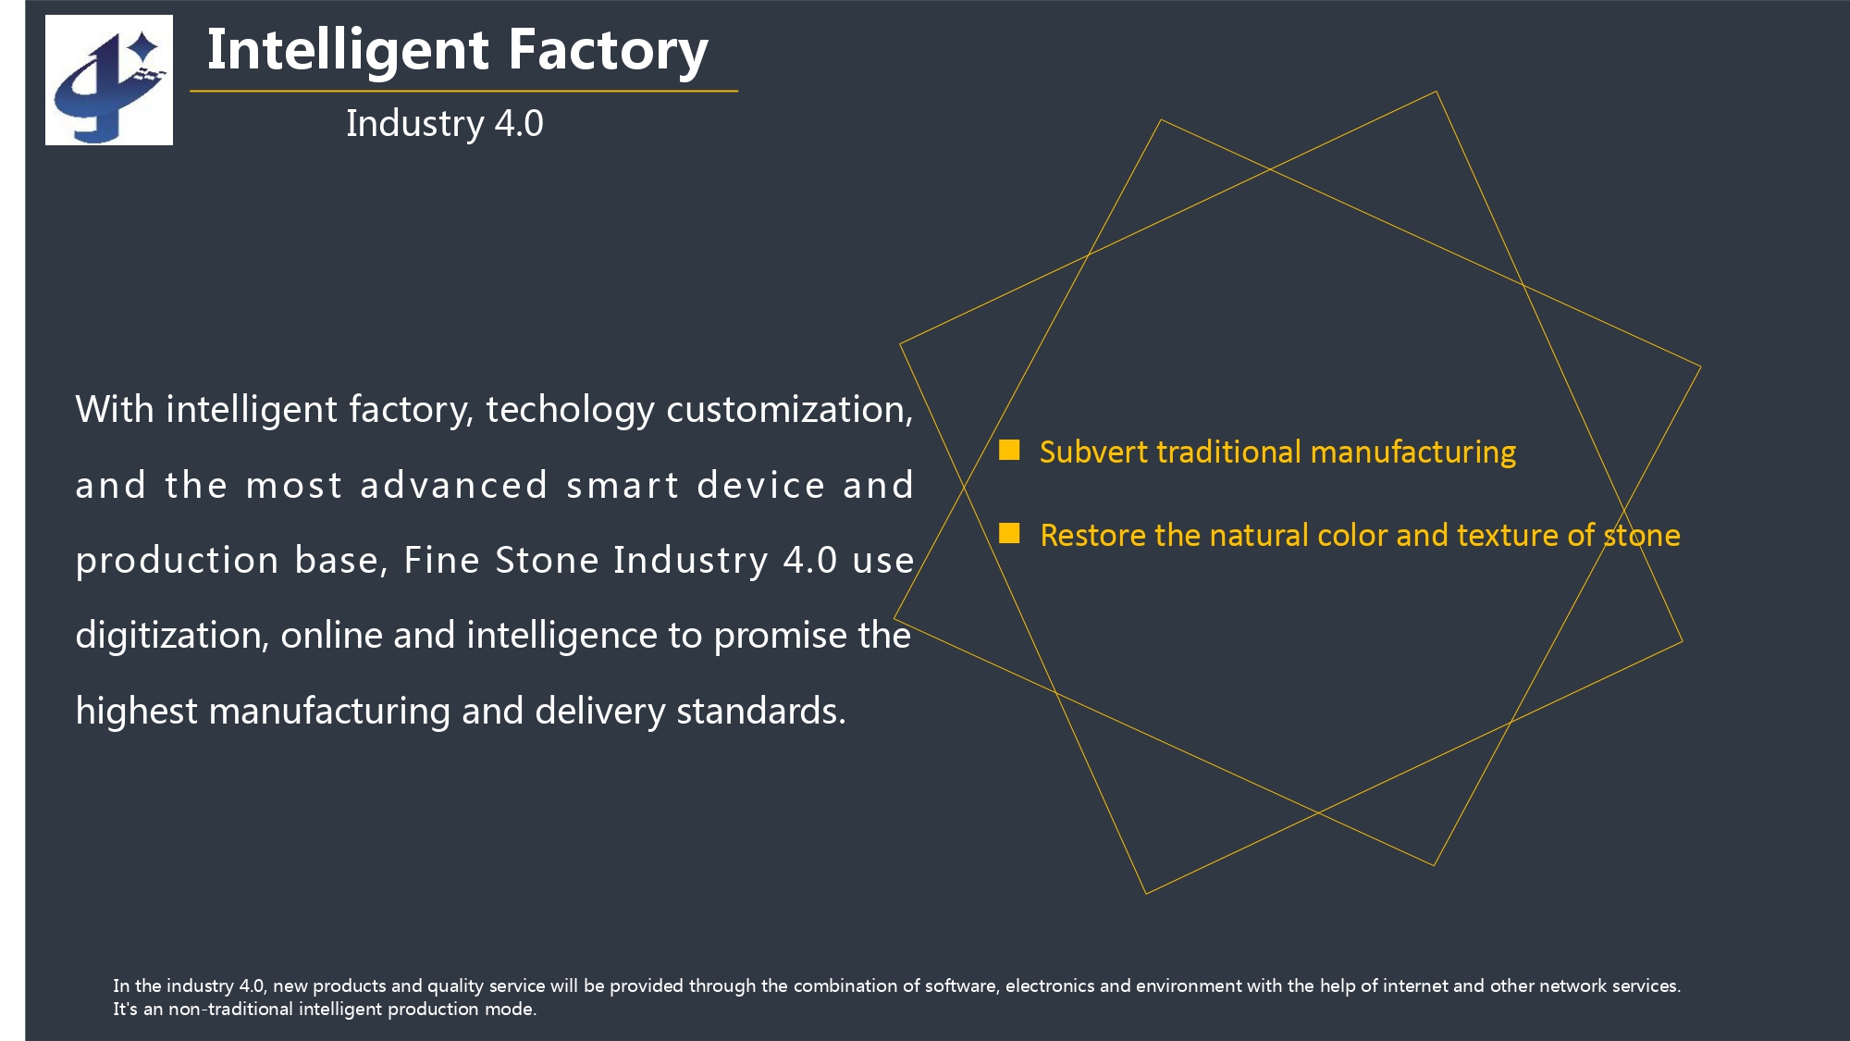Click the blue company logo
(x=109, y=81)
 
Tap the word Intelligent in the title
(x=348, y=52)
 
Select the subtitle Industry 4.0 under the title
(x=445, y=124)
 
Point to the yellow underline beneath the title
(x=463, y=91)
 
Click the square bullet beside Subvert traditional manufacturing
(x=1009, y=450)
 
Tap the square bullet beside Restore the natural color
(x=1009, y=533)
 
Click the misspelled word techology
(x=570, y=410)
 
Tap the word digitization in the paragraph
(x=172, y=636)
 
